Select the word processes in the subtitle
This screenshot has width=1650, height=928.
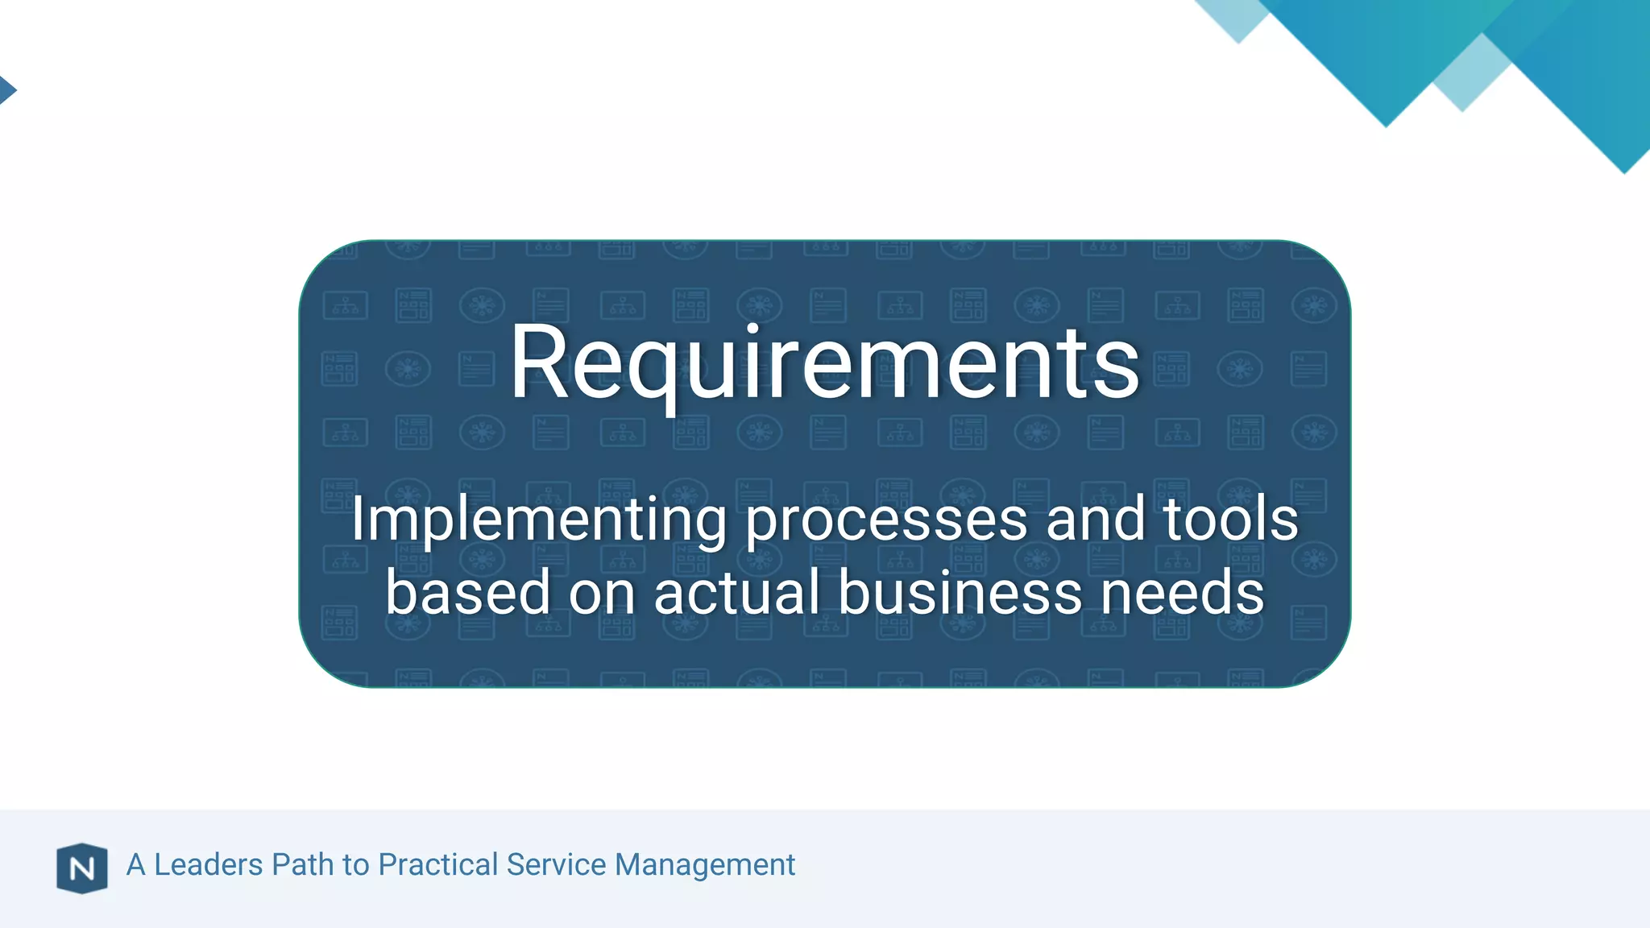pyautogui.click(x=886, y=520)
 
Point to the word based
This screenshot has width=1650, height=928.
pyautogui.click(x=467, y=592)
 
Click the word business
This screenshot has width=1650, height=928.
pyautogui.click(x=960, y=592)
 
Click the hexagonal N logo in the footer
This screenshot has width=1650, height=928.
pyautogui.click(x=82, y=868)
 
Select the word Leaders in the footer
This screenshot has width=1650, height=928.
pyautogui.click(x=208, y=864)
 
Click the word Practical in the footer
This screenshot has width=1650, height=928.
pyautogui.click(x=437, y=864)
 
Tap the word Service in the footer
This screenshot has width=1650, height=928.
pyautogui.click(x=555, y=864)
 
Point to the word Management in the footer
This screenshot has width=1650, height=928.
pyautogui.click(x=705, y=865)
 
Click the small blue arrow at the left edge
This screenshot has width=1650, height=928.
pyautogui.click(x=6, y=89)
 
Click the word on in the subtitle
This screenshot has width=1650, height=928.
pyautogui.click(x=602, y=592)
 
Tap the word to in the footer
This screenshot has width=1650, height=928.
pyautogui.click(x=355, y=864)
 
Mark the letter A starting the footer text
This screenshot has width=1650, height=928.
pyautogui.click(x=136, y=864)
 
